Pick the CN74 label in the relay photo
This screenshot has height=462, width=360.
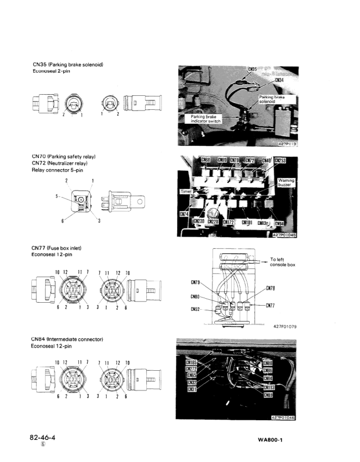pos(183,214)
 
